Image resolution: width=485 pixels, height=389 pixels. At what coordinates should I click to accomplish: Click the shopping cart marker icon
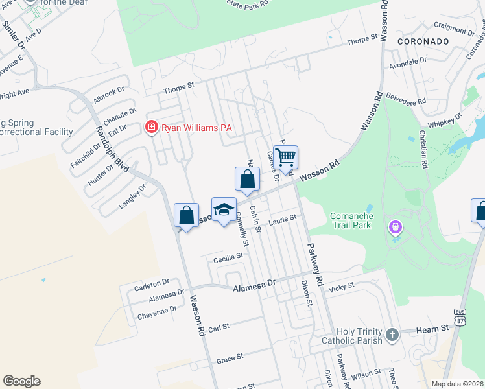(285, 157)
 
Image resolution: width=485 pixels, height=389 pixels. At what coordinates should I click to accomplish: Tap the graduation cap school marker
(224, 209)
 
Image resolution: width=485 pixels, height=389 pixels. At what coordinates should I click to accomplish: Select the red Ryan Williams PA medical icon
(151, 127)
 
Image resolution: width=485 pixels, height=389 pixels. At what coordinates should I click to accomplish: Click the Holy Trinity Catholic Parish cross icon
(391, 335)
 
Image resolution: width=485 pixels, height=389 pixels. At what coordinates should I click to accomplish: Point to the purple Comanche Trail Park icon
(396, 228)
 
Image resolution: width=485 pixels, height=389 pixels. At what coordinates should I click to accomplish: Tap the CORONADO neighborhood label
(428, 41)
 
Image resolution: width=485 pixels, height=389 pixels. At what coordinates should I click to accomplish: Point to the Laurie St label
(283, 218)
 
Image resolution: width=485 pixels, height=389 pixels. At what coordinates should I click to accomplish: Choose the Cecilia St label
(228, 256)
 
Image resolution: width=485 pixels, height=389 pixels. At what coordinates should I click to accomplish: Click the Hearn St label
(436, 329)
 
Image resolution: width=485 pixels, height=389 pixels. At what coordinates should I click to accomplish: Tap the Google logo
(21, 381)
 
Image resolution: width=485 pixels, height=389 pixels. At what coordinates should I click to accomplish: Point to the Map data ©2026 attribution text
(456, 384)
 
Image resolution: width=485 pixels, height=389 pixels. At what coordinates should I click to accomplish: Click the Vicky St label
(342, 286)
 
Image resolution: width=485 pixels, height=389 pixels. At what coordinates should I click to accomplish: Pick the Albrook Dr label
(108, 94)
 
